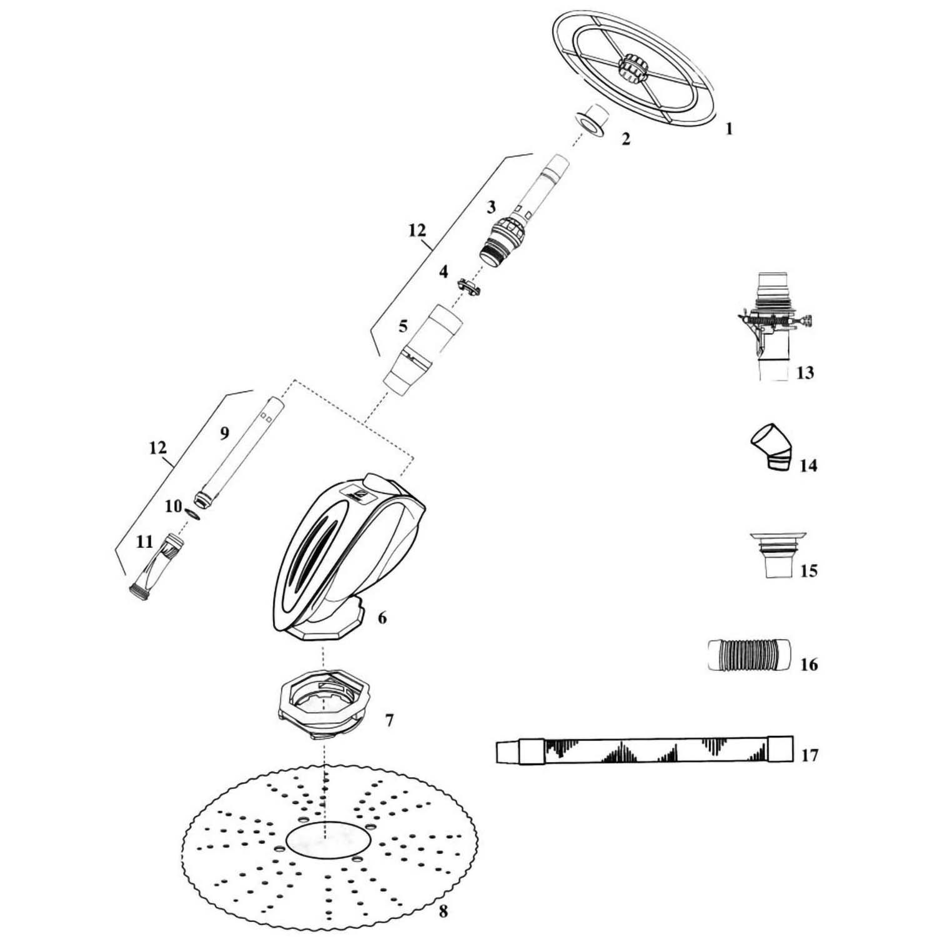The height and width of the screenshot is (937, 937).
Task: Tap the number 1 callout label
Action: pyautogui.click(x=728, y=129)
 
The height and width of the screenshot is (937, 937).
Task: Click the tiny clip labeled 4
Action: pyautogui.click(x=470, y=287)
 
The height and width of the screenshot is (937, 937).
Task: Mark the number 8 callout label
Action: pyautogui.click(x=443, y=911)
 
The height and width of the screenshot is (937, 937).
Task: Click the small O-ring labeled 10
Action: pyautogui.click(x=194, y=512)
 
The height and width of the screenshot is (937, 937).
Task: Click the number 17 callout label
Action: pyautogui.click(x=809, y=756)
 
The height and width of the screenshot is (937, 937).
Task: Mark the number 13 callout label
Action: pyautogui.click(x=805, y=373)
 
